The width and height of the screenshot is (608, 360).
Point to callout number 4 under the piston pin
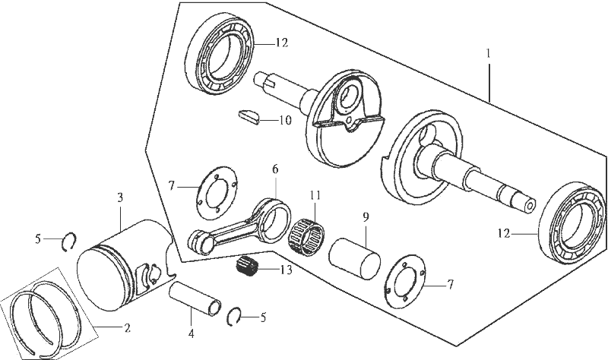190,332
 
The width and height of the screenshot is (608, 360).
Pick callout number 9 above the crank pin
365,217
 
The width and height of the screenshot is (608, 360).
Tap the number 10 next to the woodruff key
285,120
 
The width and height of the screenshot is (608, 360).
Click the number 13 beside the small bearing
285,270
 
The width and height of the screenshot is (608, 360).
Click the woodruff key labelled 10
248,116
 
